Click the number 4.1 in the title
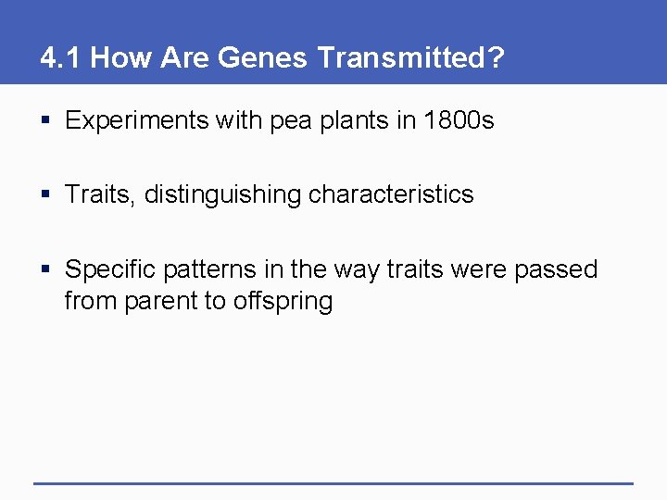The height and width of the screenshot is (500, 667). coord(61,58)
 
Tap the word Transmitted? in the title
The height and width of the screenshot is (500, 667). coord(411,58)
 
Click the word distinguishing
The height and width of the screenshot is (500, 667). coord(222,194)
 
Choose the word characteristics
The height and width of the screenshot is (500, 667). coord(391,194)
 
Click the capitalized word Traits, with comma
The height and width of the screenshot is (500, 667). coord(101,194)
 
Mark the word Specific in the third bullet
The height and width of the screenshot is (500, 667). coord(110,269)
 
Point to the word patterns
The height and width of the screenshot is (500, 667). coord(209,269)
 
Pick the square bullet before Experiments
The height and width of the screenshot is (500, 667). coord(46,121)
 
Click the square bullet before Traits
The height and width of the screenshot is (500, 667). coord(46,194)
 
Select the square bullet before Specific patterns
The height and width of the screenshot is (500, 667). coord(46,269)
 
